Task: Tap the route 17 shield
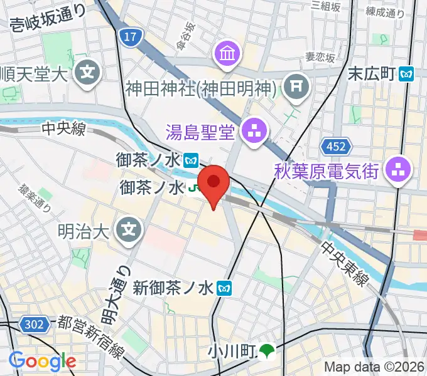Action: click(x=129, y=38)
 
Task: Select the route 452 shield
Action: click(x=333, y=147)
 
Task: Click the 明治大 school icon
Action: click(x=129, y=230)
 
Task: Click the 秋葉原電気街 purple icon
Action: click(x=397, y=169)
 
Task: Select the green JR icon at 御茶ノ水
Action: click(x=194, y=187)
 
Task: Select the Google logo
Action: click(x=42, y=361)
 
